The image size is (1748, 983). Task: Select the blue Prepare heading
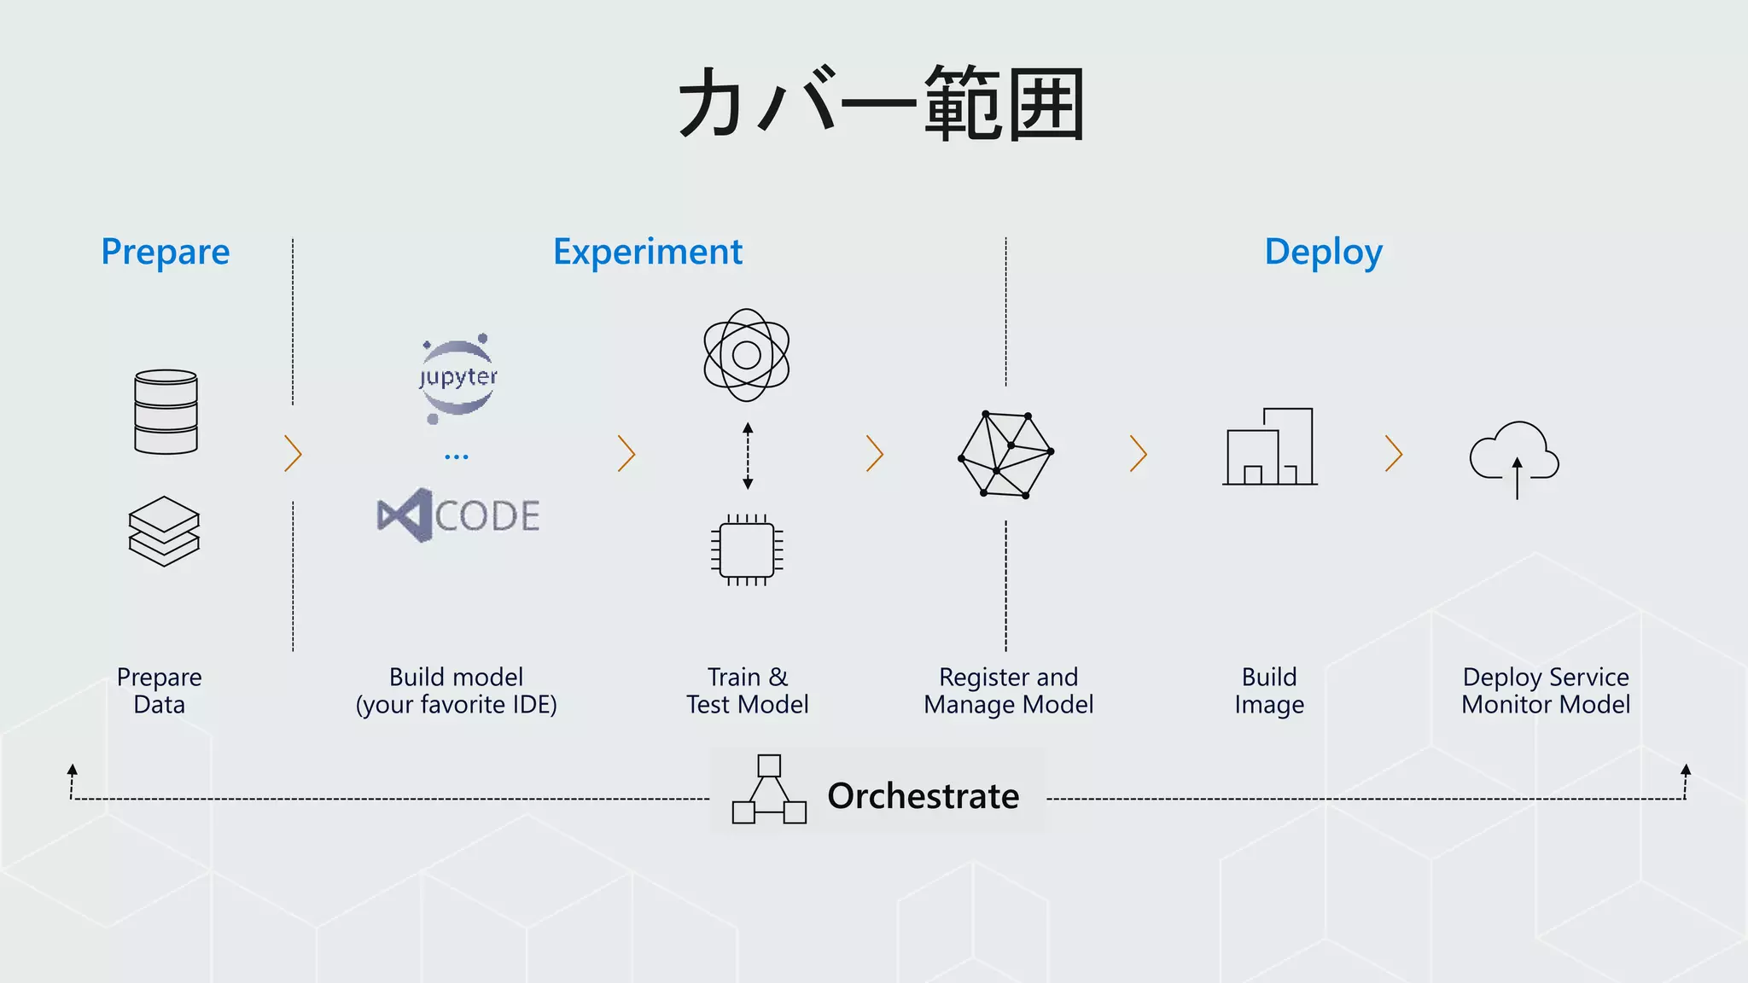[166, 253]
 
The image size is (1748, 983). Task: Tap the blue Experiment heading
[648, 253]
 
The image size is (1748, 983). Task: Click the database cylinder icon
[166, 411]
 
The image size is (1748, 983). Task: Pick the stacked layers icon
[164, 531]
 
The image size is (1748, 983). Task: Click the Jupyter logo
[458, 377]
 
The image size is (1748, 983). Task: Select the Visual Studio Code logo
[458, 515]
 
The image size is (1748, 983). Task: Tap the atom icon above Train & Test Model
[747, 355]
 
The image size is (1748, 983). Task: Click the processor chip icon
[747, 550]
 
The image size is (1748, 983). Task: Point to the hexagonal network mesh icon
[1006, 455]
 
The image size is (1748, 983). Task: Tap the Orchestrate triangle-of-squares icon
[769, 790]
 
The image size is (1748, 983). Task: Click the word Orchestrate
[923, 796]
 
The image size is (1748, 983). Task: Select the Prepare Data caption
[160, 690]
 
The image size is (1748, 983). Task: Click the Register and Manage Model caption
[1008, 690]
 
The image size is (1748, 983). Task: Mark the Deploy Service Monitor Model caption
[1546, 690]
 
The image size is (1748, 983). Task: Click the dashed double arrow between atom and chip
[748, 456]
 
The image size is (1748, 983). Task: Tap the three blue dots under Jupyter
[457, 457]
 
